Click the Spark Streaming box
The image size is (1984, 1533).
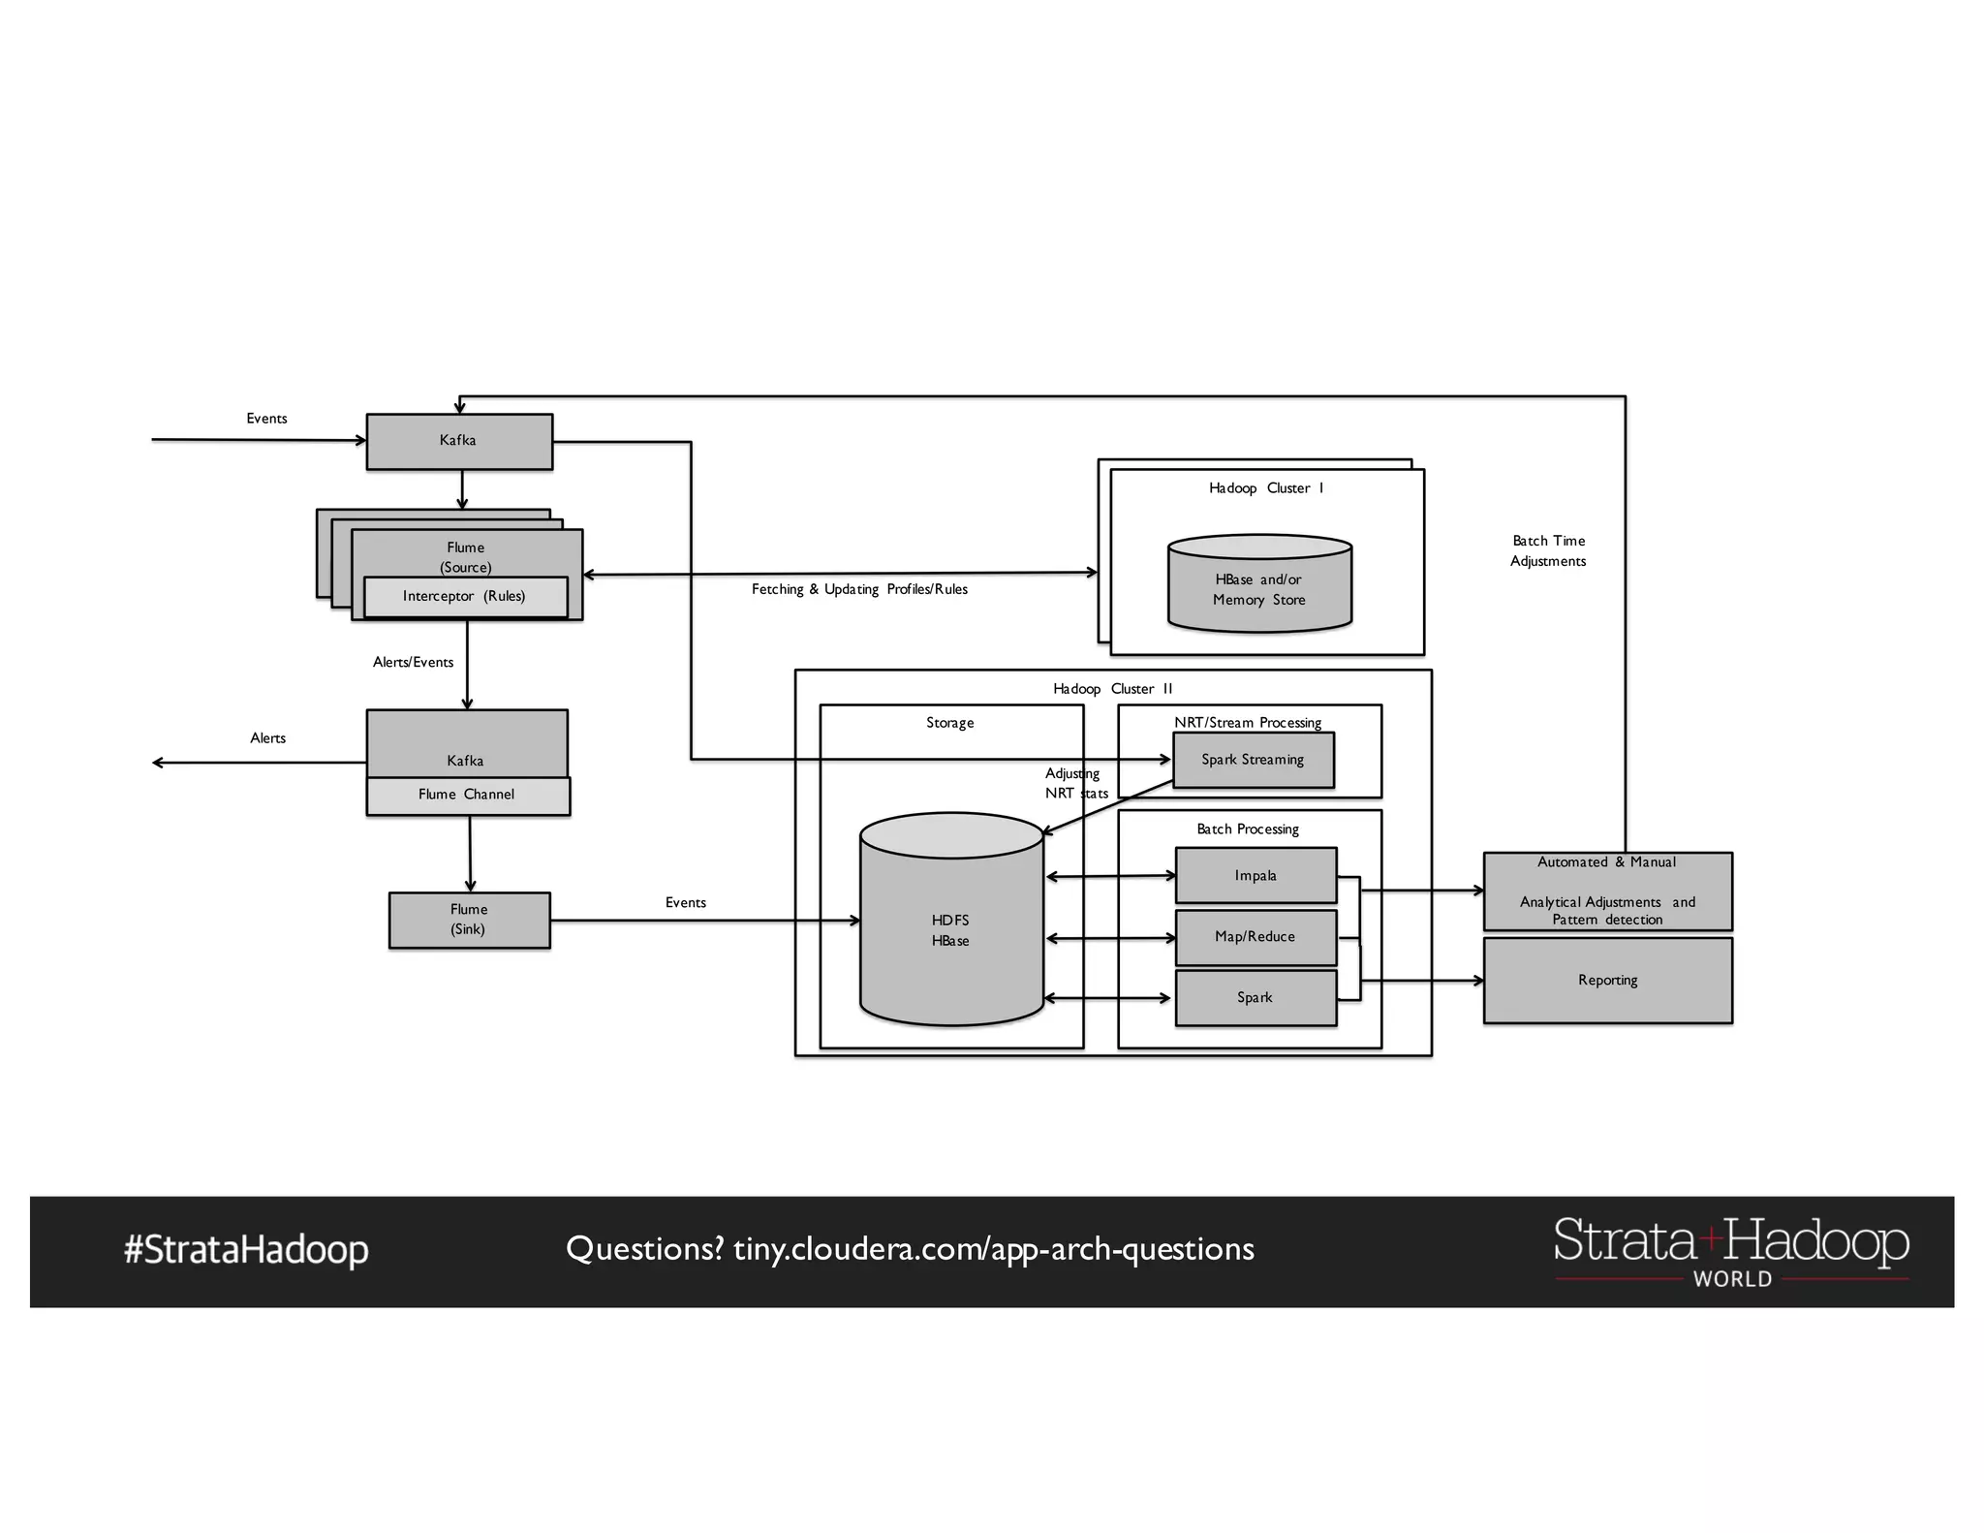tap(1253, 760)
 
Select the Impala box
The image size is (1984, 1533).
tap(1255, 876)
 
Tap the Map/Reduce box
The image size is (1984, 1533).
tap(1255, 937)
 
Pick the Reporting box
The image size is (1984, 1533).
tap(1607, 980)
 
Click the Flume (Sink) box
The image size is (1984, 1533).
tap(469, 920)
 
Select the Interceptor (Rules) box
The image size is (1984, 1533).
tap(465, 597)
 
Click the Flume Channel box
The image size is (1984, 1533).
tap(467, 796)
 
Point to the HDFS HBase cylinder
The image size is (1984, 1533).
tap(950, 930)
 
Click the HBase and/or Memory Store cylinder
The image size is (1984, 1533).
tap(1258, 589)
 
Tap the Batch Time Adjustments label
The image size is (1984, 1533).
tap(1548, 550)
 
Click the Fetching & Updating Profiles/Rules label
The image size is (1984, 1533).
tap(859, 589)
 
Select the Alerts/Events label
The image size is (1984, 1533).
tap(413, 662)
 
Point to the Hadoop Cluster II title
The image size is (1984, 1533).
tap(1112, 689)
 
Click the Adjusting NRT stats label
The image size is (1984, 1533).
tap(1074, 783)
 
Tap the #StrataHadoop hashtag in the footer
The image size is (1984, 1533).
tap(246, 1250)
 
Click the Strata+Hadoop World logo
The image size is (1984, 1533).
tap(1730, 1251)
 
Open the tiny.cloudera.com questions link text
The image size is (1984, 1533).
tap(993, 1249)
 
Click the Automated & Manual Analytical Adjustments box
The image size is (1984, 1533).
tap(1607, 892)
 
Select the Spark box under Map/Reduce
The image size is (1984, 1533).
tap(1255, 998)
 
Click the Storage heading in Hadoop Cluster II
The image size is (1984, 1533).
tap(949, 723)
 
